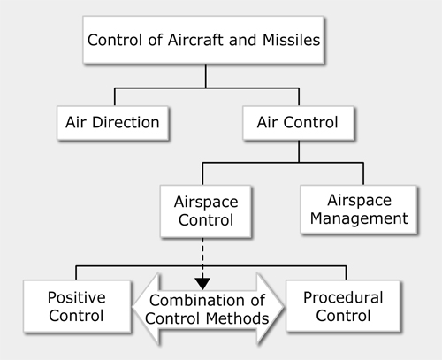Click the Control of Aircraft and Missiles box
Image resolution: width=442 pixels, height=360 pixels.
(x=203, y=40)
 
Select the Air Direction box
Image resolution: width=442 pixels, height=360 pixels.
(x=113, y=123)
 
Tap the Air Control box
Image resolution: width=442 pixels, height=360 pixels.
(x=299, y=123)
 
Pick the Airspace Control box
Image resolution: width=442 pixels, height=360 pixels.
(x=206, y=211)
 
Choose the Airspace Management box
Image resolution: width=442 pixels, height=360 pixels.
(x=359, y=210)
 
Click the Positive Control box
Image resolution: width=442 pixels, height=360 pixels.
(x=77, y=306)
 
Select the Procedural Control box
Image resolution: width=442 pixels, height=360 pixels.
(x=343, y=306)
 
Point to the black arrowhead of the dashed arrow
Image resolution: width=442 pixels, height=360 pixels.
(x=202, y=283)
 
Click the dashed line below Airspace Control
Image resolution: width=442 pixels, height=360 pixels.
(x=202, y=257)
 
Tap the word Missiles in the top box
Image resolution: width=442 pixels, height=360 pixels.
(x=291, y=40)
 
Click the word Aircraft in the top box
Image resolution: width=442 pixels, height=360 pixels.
(x=195, y=40)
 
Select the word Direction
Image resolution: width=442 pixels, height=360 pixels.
(x=126, y=122)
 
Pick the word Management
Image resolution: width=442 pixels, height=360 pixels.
(x=359, y=218)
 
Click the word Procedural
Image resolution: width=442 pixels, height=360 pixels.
(x=343, y=297)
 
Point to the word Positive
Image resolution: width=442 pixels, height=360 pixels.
(x=77, y=297)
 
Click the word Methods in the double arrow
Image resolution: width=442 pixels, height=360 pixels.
(x=237, y=318)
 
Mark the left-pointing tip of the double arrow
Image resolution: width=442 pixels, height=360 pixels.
(x=133, y=307)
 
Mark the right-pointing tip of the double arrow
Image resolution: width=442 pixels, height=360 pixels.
(x=284, y=307)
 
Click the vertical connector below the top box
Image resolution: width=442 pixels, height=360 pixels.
(x=206, y=76)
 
